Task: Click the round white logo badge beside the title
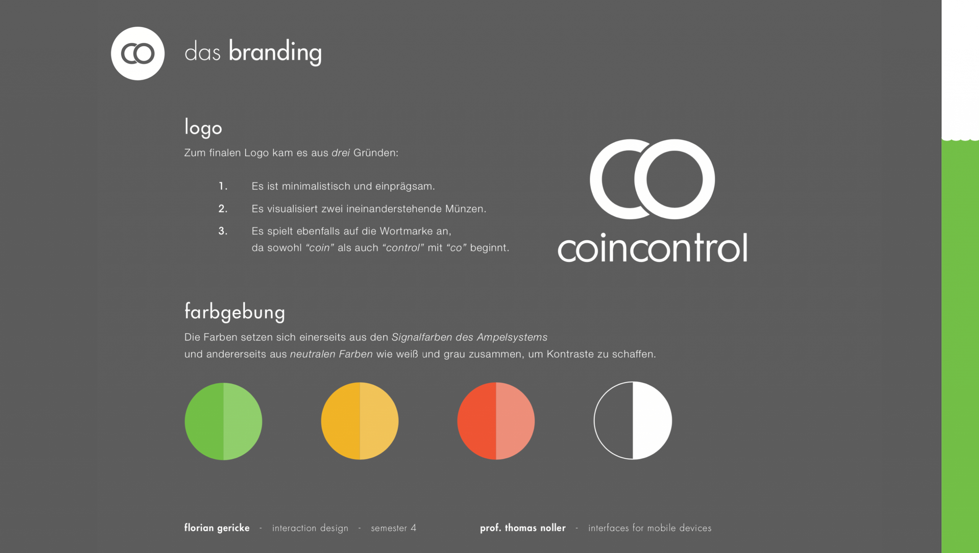click(x=138, y=54)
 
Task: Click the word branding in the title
click(x=275, y=52)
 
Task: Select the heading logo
click(x=203, y=128)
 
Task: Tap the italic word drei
click(x=341, y=153)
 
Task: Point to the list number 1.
click(x=223, y=186)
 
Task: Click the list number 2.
click(x=223, y=209)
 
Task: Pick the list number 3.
click(x=223, y=231)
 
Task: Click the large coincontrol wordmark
click(x=652, y=247)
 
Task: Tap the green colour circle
click(x=223, y=421)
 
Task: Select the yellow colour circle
click(x=360, y=421)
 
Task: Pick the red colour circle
click(x=496, y=421)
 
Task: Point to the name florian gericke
click(x=217, y=528)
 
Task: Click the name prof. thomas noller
click(x=523, y=528)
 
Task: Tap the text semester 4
click(x=394, y=528)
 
